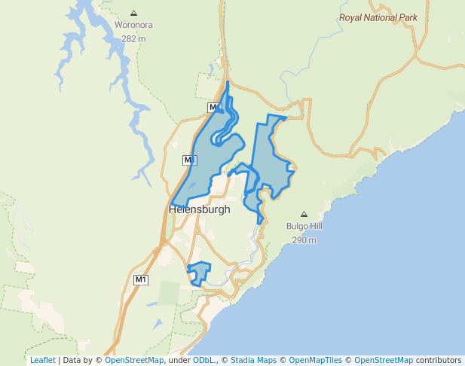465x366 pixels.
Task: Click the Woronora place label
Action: coord(134,25)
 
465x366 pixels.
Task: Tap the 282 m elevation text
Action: coord(134,38)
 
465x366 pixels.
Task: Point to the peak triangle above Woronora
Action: coord(134,13)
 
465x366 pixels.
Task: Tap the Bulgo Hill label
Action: coord(304,226)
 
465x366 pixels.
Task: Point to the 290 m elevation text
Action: coord(304,240)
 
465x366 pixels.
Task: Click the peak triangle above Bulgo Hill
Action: coord(304,214)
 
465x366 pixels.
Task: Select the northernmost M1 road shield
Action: coord(214,108)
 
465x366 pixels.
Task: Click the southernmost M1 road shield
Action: coord(141,280)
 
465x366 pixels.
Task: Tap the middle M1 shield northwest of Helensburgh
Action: coord(189,160)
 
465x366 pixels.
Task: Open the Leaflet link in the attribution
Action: coord(42,360)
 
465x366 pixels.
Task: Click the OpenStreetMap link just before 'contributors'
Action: coord(384,360)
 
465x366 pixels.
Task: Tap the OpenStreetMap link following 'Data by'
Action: coord(134,360)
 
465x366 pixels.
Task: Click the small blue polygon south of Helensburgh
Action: coord(199,271)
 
